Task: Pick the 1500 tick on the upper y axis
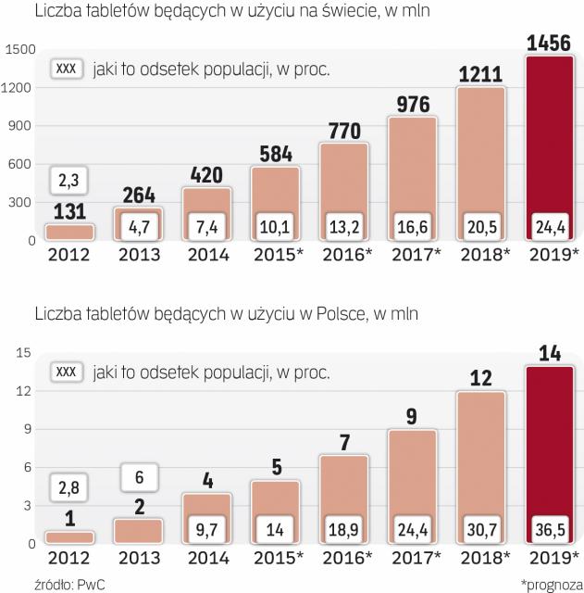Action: pyautogui.click(x=19, y=48)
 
